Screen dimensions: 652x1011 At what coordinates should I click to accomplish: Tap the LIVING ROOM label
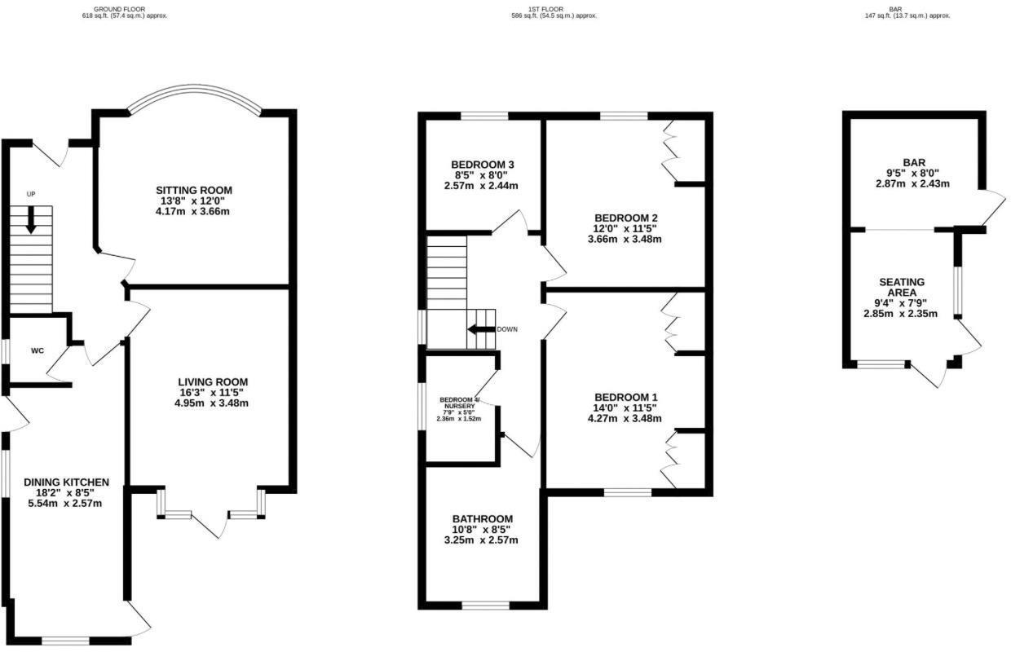(213, 381)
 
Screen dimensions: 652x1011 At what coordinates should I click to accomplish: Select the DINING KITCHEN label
(66, 482)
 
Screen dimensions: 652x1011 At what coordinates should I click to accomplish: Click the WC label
(37, 350)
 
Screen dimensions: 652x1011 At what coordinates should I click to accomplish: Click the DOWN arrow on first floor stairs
(481, 329)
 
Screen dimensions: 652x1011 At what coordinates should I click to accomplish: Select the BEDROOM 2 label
(625, 218)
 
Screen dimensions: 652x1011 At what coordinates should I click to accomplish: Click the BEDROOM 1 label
(625, 397)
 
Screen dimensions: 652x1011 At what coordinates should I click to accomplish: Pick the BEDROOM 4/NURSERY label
(460, 402)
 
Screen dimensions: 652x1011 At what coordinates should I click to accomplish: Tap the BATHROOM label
(483, 518)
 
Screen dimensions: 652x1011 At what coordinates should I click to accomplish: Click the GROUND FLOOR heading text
(119, 9)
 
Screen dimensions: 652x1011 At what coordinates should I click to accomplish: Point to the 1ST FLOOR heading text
(545, 9)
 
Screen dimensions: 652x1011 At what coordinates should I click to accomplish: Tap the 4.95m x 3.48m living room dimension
(213, 403)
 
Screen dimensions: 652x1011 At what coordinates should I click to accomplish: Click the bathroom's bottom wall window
(486, 605)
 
